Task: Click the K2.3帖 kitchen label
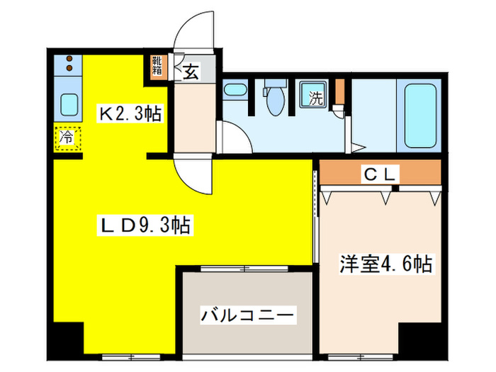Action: pos(129,112)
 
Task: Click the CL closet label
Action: pos(382,173)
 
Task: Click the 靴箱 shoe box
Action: pos(157,66)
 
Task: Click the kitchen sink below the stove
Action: pos(69,106)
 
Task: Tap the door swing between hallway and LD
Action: pos(193,174)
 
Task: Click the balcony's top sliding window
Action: pos(244,268)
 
